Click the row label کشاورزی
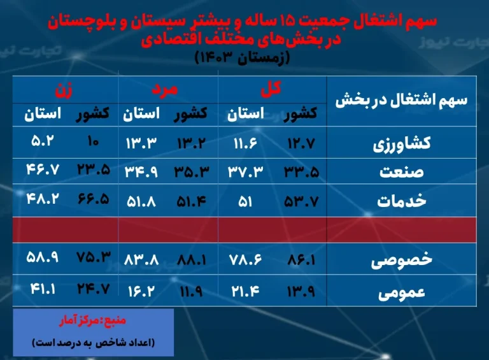402,144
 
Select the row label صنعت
402,171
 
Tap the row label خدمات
402,200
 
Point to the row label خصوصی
402,260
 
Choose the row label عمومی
402,292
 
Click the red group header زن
64,90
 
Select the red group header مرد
165,89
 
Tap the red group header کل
271,89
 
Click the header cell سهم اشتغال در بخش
401,100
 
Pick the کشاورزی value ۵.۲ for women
43,141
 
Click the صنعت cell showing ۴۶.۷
43,169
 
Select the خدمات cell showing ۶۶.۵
93,199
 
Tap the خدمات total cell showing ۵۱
245,202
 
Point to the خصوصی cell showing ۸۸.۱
192,259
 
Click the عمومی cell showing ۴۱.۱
43,289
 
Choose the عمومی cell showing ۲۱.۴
245,291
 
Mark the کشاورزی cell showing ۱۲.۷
301,143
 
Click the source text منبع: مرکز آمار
92,320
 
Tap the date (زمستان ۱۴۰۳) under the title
242,57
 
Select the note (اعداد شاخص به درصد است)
93,343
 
